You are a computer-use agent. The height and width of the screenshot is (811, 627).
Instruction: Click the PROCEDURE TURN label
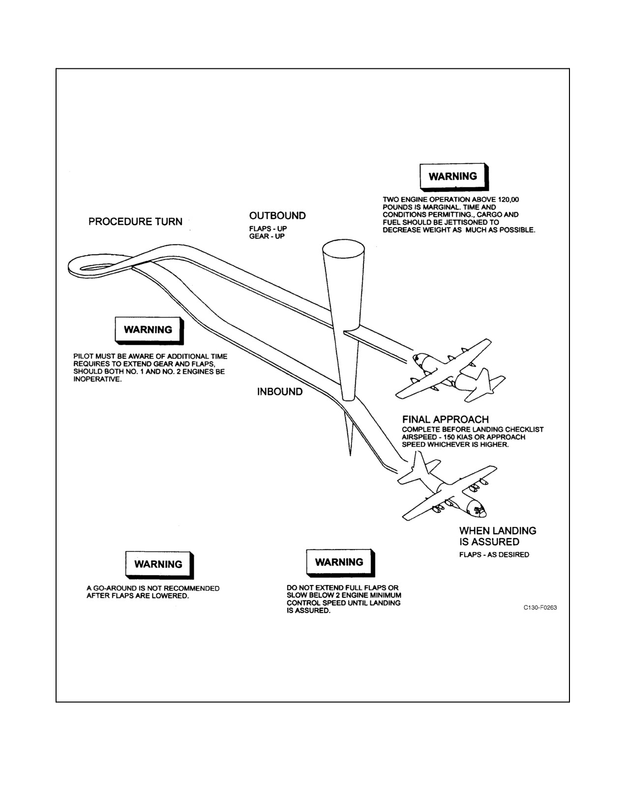click(x=135, y=222)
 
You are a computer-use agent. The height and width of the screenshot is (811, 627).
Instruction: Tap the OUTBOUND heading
click(x=277, y=216)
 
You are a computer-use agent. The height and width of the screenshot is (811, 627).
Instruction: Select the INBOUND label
click(x=280, y=392)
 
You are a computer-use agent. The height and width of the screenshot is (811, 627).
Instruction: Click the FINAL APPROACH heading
click(x=446, y=419)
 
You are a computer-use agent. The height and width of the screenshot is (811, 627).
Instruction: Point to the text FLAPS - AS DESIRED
click(x=494, y=554)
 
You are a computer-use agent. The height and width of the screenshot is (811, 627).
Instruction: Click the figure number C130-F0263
click(x=540, y=608)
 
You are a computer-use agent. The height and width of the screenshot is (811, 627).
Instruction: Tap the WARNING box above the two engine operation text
click(x=454, y=177)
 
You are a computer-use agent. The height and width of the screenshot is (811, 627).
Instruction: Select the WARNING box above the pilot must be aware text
click(x=149, y=330)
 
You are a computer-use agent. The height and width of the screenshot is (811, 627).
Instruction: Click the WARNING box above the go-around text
click(x=159, y=565)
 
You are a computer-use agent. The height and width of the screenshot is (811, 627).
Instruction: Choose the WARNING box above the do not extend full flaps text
click(x=340, y=563)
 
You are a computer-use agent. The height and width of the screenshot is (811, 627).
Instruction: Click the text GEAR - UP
click(x=267, y=236)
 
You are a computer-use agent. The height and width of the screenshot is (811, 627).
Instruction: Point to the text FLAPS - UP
click(x=268, y=229)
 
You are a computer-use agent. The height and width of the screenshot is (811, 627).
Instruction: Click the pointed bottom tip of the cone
click(x=350, y=455)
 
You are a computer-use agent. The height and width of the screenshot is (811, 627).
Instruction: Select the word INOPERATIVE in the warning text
click(x=97, y=379)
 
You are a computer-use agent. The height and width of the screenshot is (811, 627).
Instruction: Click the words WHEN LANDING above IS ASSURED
click(x=497, y=531)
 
